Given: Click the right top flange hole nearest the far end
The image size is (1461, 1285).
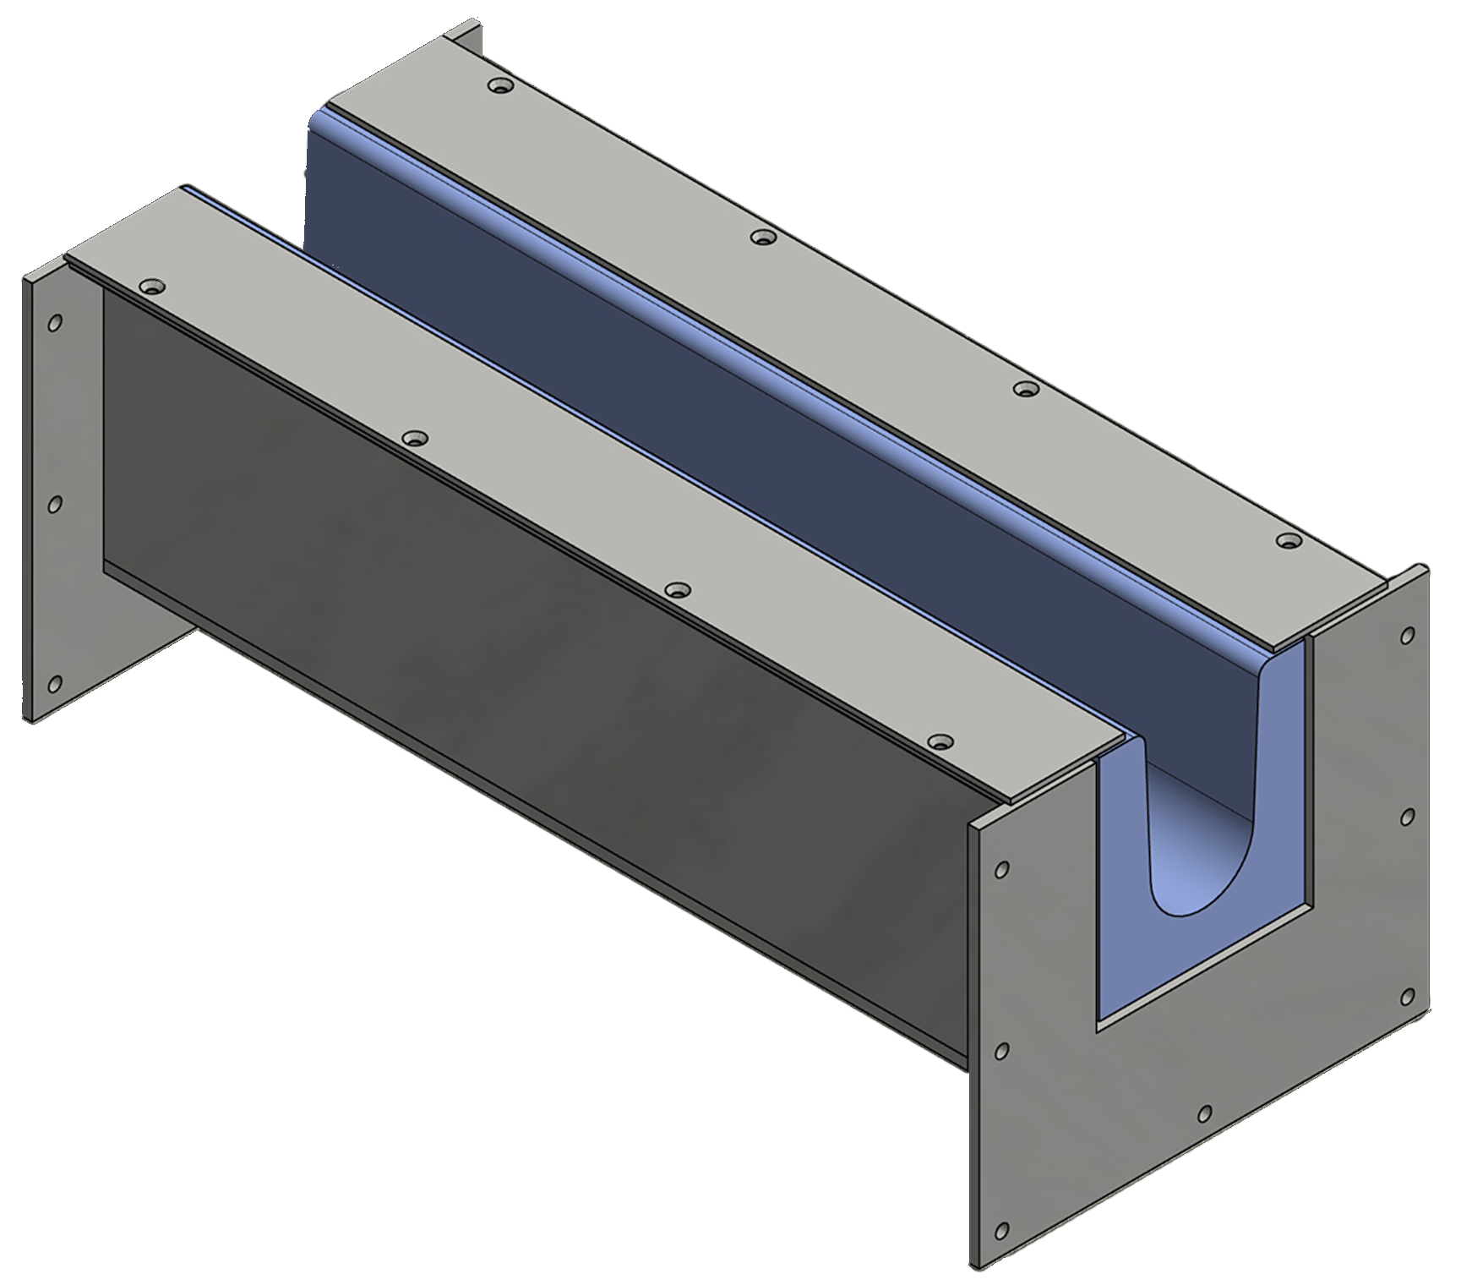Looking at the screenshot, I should tap(502, 86).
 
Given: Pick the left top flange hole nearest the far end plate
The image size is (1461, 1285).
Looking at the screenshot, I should tap(151, 287).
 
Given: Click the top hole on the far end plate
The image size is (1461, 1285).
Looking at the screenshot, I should tap(55, 323).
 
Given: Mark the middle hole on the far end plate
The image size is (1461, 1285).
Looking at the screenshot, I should tap(55, 504).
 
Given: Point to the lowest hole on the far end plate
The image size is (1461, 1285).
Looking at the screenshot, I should tap(55, 683).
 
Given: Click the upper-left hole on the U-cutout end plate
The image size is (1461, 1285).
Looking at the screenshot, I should tap(1002, 869).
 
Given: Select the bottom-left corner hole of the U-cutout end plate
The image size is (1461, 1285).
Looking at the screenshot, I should tap(1002, 1230).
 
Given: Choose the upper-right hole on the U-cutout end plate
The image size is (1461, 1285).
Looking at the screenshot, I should tap(1408, 635).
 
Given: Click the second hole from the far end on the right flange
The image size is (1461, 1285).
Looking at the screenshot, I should tap(763, 238).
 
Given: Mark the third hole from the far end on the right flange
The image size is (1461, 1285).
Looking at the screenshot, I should tap(1025, 389).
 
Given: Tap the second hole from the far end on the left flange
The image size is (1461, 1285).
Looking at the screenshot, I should tap(414, 438).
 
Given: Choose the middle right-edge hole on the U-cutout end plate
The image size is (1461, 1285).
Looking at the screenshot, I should tap(1408, 817).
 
